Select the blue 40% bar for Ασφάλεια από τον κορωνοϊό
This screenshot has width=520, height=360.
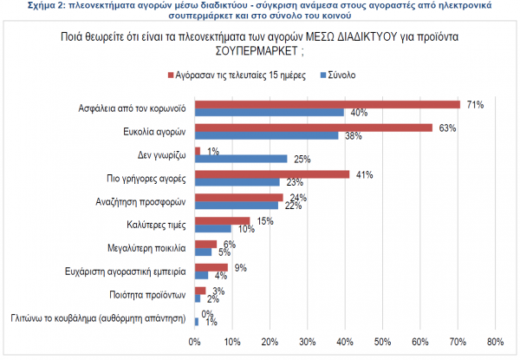pyautogui.click(x=270, y=113)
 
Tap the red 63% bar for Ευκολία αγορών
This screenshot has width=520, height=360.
pyautogui.click(x=313, y=128)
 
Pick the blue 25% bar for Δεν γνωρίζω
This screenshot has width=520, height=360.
pyautogui.click(x=240, y=159)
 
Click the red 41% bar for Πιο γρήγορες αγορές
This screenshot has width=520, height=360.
pyautogui.click(x=271, y=174)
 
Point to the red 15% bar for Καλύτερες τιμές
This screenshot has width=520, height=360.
pyautogui.click(x=223, y=220)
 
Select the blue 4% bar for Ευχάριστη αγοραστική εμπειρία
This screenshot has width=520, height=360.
pyautogui.click(x=202, y=275)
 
